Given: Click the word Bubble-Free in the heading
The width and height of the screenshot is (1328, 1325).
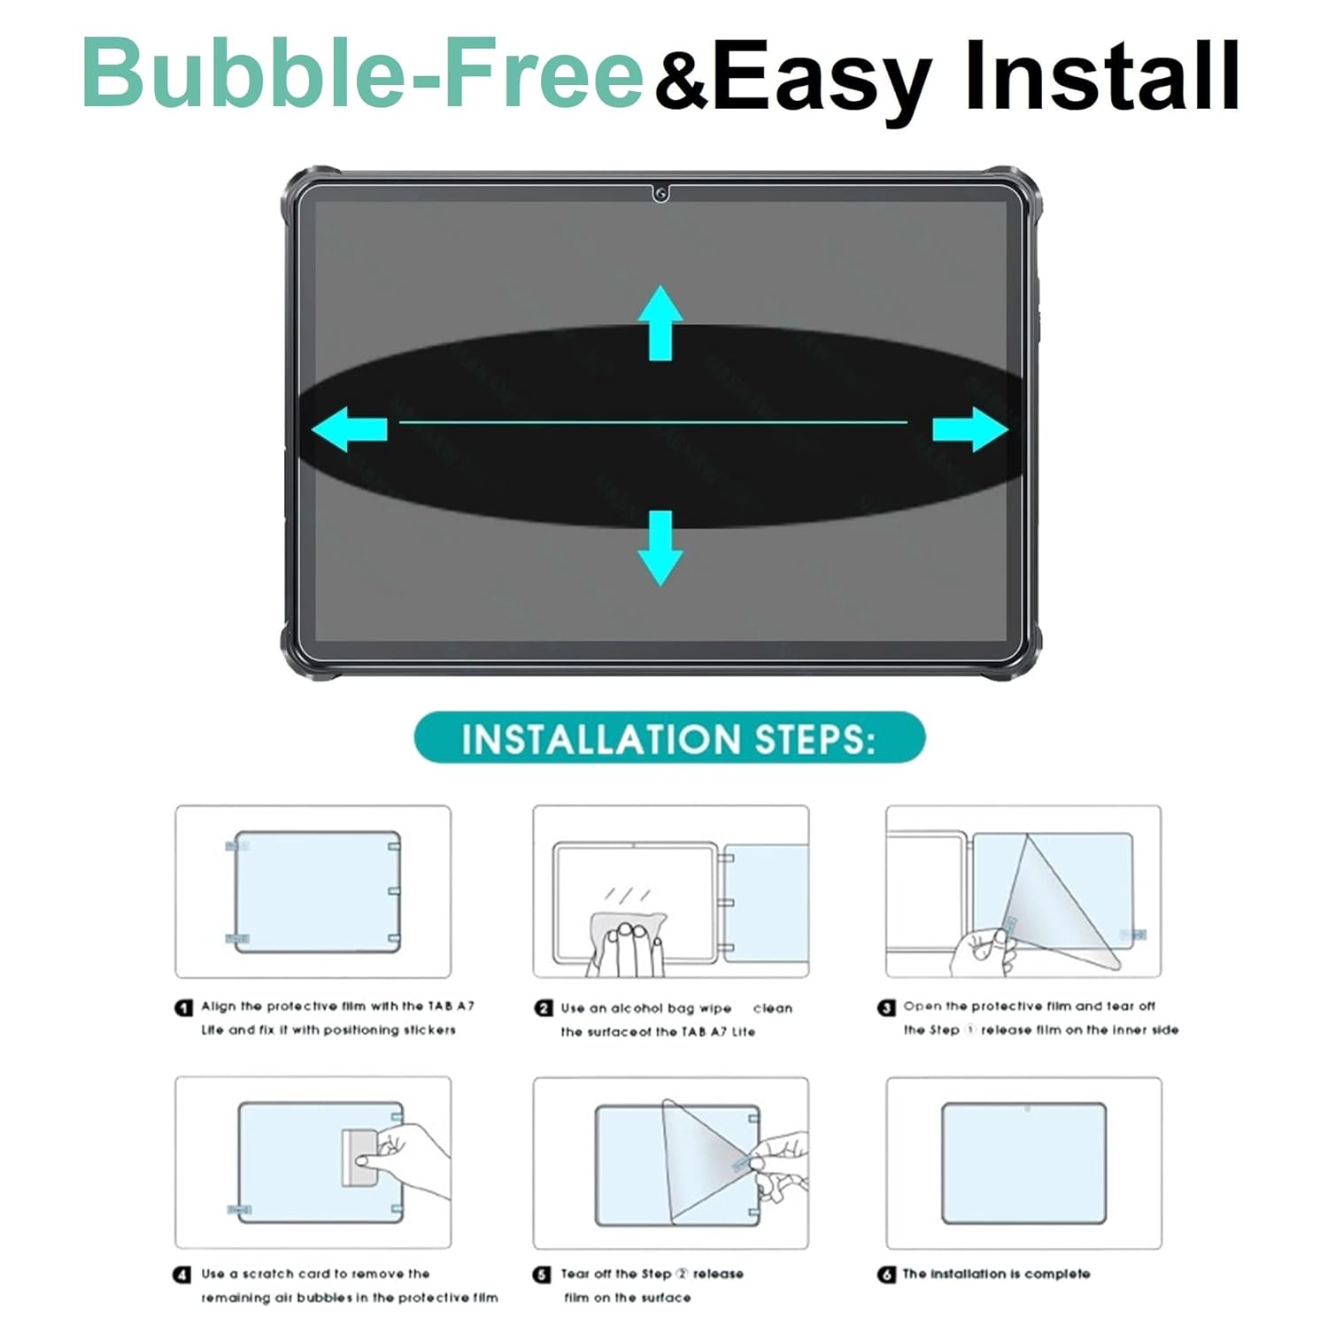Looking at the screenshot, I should [363, 73].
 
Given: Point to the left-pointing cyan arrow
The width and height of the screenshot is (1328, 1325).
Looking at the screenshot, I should [349, 429].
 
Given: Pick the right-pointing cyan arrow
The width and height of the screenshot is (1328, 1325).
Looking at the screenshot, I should [970, 429].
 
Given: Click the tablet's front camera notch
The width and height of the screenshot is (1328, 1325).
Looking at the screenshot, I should [660, 193].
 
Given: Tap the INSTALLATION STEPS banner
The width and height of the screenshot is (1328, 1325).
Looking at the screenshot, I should [669, 738].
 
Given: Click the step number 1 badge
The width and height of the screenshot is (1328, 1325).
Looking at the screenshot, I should [183, 1007].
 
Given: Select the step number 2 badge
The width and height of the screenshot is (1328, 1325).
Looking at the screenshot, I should [544, 1008].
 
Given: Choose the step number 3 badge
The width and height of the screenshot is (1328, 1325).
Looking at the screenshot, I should [886, 1007].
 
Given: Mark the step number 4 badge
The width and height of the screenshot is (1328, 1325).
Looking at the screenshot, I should [182, 1275].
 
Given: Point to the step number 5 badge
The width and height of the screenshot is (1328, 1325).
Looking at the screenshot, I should [542, 1275].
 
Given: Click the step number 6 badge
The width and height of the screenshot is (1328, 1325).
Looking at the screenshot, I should [886, 1275].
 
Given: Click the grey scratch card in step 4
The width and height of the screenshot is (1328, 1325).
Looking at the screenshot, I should [359, 1157].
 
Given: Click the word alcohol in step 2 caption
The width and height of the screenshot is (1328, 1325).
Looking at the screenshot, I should [636, 1008].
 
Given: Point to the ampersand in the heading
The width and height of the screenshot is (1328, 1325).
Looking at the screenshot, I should [682, 80].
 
